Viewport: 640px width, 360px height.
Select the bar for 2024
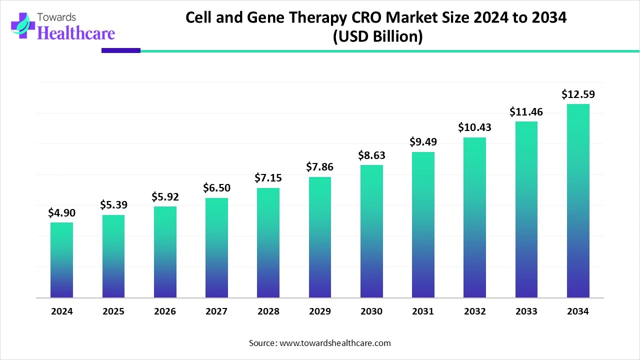61,260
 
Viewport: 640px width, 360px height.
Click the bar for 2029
320,237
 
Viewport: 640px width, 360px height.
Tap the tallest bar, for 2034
578,201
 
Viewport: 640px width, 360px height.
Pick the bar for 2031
423,225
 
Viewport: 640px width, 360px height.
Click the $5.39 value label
113,204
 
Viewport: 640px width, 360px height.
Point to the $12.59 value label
578,94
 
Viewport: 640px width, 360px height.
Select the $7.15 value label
268,177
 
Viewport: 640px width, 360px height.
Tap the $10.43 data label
474,127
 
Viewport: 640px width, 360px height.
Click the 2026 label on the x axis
165,311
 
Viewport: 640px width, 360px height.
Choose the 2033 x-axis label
526,311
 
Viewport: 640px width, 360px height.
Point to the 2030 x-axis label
371,311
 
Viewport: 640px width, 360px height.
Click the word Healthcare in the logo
76,33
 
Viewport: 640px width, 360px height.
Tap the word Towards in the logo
56,17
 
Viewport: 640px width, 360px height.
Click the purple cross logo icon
23,25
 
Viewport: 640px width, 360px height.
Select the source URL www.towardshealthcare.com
335,343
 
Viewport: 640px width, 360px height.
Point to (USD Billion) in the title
377,36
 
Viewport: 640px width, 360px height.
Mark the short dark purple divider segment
121,50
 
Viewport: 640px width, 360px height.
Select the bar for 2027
216,247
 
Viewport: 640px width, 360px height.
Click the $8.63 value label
371,155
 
